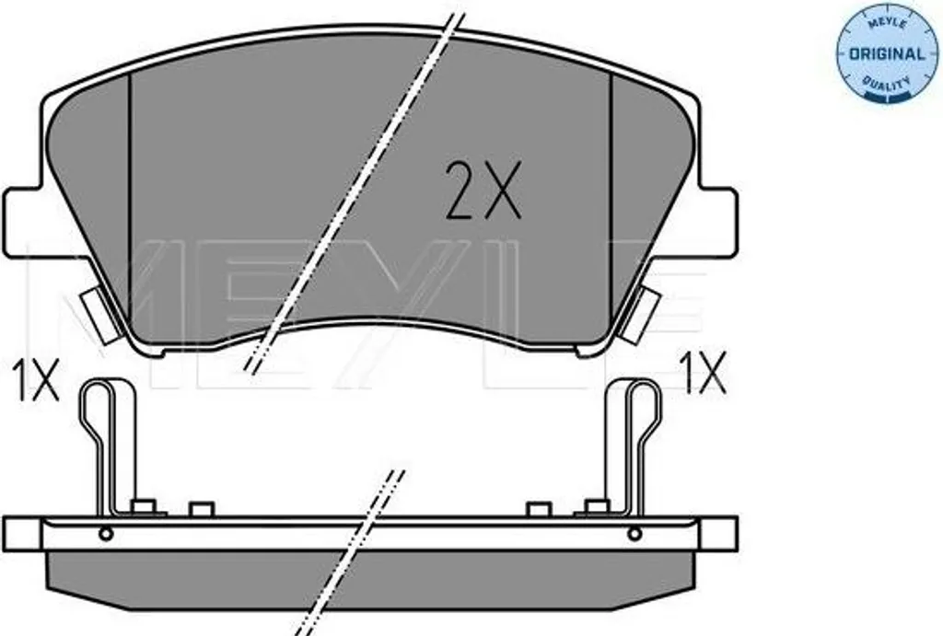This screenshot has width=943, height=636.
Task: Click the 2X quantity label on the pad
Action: tap(483, 190)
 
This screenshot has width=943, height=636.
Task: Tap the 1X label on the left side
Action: tap(36, 380)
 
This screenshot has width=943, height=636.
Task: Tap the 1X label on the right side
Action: tap(704, 374)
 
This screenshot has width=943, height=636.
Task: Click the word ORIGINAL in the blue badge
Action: tap(887, 54)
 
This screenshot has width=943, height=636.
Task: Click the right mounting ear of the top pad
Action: tap(718, 222)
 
